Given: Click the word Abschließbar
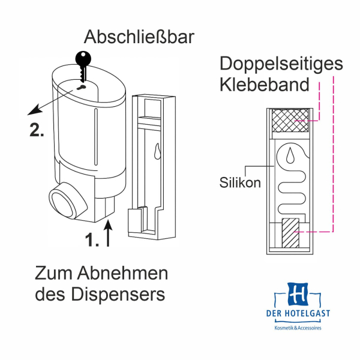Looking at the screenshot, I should [139, 37].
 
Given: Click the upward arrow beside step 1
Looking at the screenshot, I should [109, 233].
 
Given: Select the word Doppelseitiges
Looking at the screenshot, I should [281, 63].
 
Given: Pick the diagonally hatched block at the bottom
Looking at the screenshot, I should [291, 231].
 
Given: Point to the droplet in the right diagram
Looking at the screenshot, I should [290, 156].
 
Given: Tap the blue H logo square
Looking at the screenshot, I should [298, 294].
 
